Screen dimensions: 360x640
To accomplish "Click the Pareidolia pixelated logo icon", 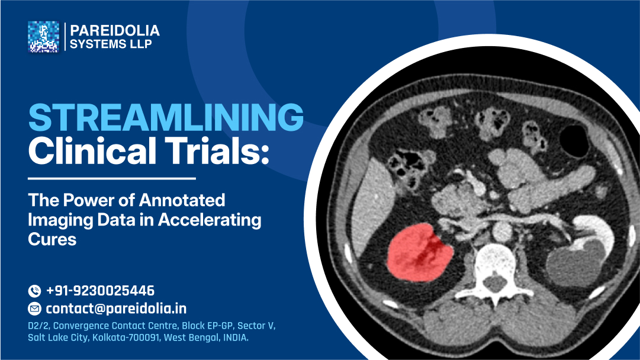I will [x=43, y=37].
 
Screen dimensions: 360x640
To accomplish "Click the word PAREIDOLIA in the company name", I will [x=115, y=31].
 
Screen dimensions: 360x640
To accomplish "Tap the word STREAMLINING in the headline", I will [x=166, y=118].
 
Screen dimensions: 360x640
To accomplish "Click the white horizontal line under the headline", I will [x=112, y=178].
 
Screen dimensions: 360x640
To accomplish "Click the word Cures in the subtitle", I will [x=53, y=240].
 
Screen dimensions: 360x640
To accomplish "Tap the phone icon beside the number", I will [x=34, y=291].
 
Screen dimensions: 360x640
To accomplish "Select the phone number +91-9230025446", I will [x=100, y=291].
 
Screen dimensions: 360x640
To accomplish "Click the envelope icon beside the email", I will [x=34, y=308].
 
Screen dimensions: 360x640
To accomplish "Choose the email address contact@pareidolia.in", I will [x=116, y=308].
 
